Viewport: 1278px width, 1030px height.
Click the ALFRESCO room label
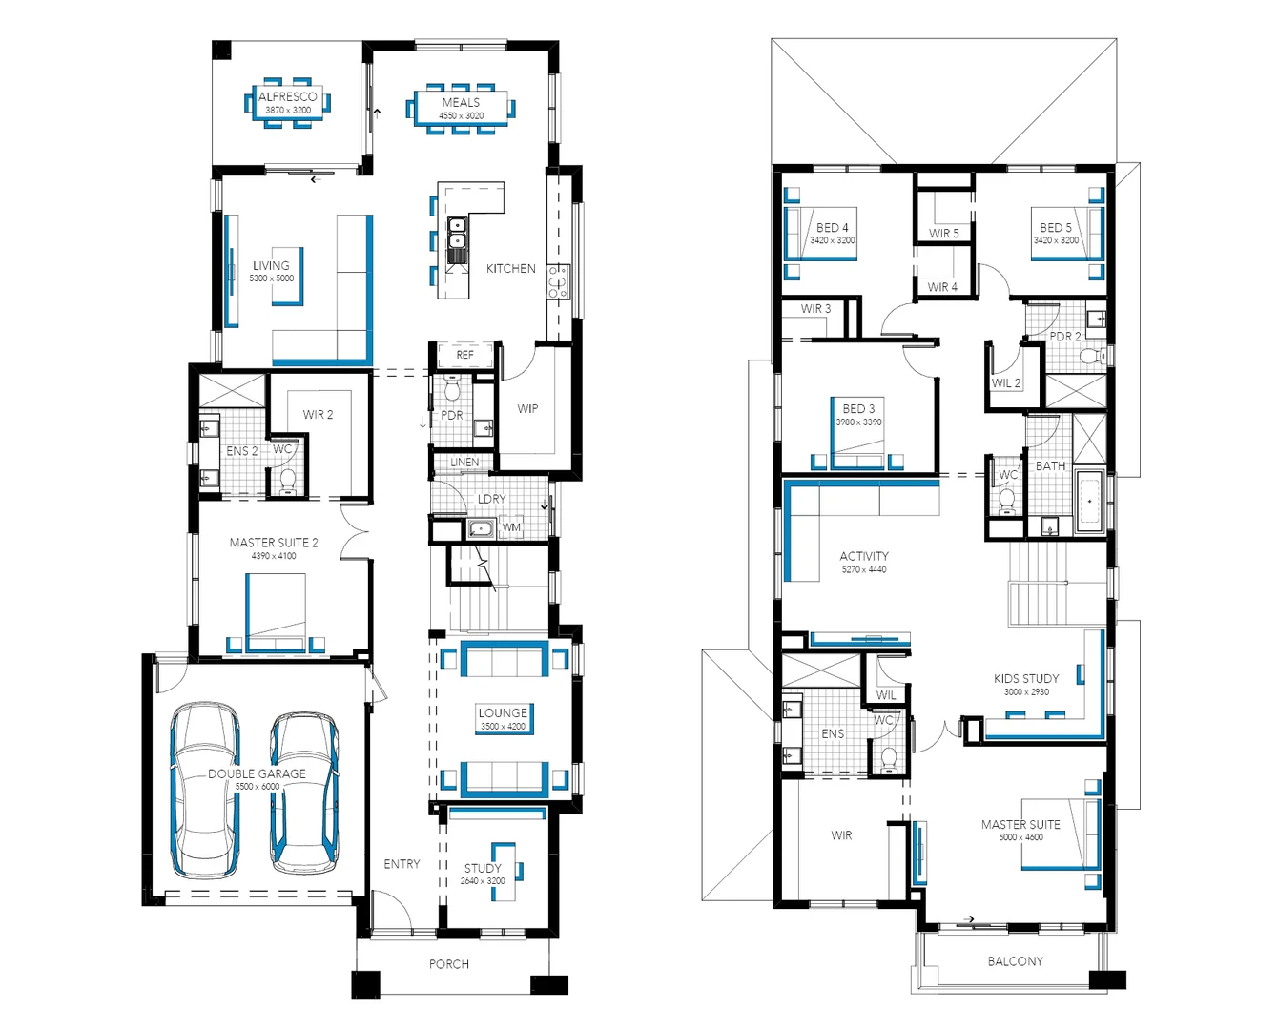(287, 96)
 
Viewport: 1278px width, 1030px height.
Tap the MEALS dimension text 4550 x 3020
(461, 116)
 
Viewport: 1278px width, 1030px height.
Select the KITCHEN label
(510, 269)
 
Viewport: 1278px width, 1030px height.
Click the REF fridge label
(464, 355)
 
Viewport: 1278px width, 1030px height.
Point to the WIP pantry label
(527, 409)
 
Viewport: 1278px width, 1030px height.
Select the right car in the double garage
(304, 792)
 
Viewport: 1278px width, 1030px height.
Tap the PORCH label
(448, 964)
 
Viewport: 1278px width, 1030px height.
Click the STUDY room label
(483, 868)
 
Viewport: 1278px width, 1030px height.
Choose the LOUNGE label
(503, 712)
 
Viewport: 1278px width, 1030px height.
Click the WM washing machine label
(511, 527)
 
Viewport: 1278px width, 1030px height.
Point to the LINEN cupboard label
(464, 463)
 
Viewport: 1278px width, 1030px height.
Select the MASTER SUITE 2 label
(274, 543)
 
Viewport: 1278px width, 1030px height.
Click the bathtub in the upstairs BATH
(1089, 501)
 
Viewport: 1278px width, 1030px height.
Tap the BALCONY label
(1015, 961)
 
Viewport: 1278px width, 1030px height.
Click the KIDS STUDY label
(1026, 679)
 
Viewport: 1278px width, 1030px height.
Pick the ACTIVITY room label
(864, 556)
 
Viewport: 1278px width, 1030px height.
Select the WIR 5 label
(944, 234)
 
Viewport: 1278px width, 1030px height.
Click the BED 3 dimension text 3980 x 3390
(858, 422)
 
